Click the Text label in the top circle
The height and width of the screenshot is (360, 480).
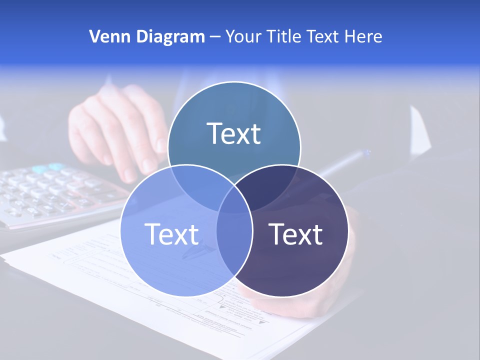coord(234,133)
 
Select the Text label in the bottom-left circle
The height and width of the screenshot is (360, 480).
coord(171,234)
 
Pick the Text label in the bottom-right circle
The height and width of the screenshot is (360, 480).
coord(295,234)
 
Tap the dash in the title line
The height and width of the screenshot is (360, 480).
coord(215,36)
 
